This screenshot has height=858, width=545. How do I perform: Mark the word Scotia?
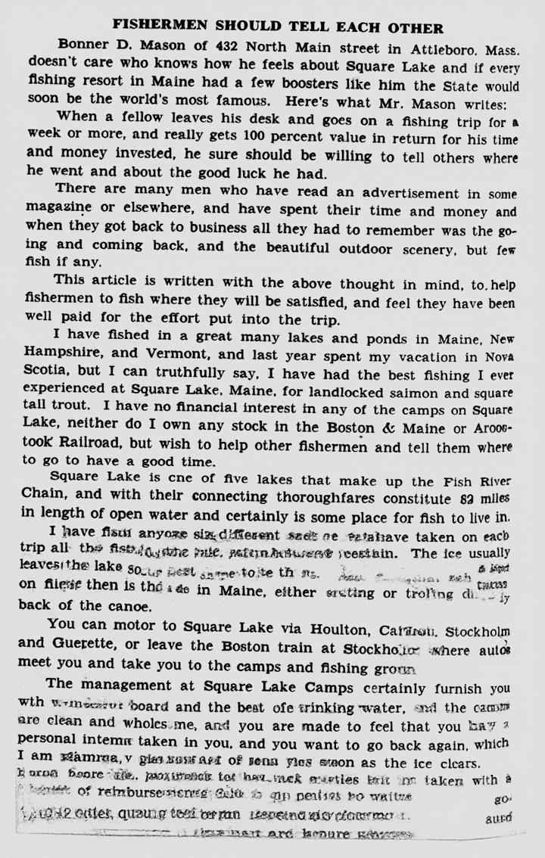[47, 371]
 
